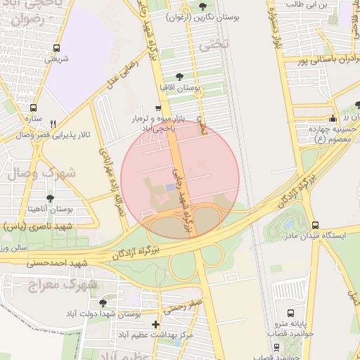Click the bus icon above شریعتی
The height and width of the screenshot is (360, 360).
click(56, 48)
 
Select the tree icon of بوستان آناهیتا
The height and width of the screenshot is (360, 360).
click(50, 199)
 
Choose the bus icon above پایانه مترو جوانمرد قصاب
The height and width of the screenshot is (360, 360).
click(291, 312)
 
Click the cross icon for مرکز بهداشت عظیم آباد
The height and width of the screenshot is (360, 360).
click(155, 325)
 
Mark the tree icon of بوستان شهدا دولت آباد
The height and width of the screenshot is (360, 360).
click(103, 303)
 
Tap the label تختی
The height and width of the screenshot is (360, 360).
click(210, 46)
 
